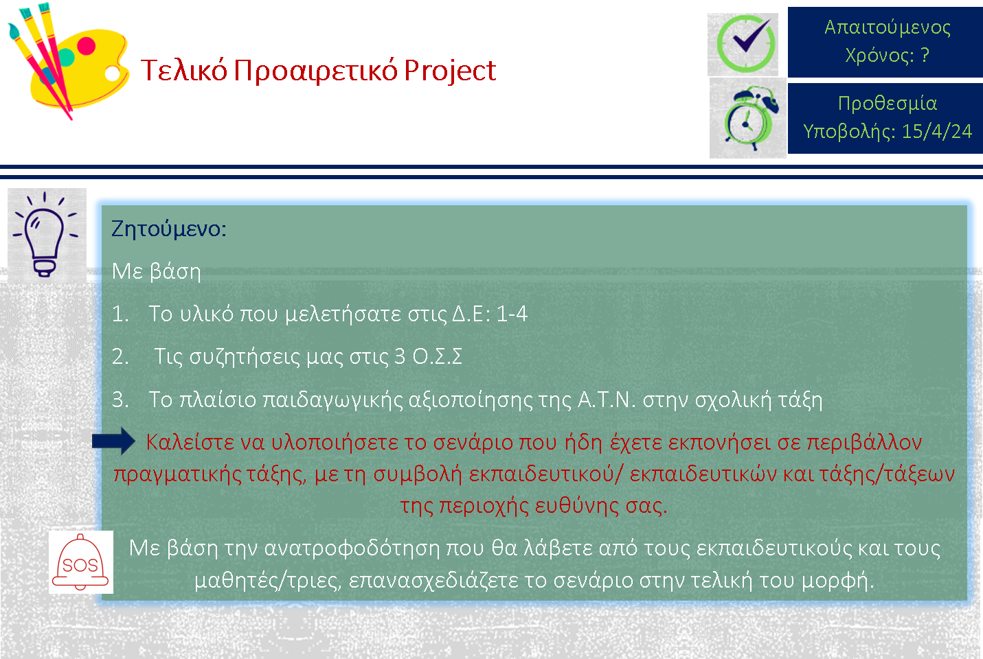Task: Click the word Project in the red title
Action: tap(450, 71)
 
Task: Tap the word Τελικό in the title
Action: tap(184, 70)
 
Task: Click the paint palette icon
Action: tap(68, 61)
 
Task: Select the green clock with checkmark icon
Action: tap(745, 44)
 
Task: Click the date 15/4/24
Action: tap(937, 131)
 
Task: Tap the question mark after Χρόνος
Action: tap(925, 55)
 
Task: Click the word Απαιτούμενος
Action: tap(888, 27)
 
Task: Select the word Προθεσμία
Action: tap(888, 104)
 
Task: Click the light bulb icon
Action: tap(45, 235)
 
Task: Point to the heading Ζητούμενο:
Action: tap(168, 229)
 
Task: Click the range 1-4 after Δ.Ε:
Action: tap(512, 314)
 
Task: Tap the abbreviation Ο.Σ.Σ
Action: tap(437, 356)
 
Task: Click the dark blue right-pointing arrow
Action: tap(113, 441)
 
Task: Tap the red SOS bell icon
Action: tap(80, 562)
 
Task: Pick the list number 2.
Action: tap(120, 357)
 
